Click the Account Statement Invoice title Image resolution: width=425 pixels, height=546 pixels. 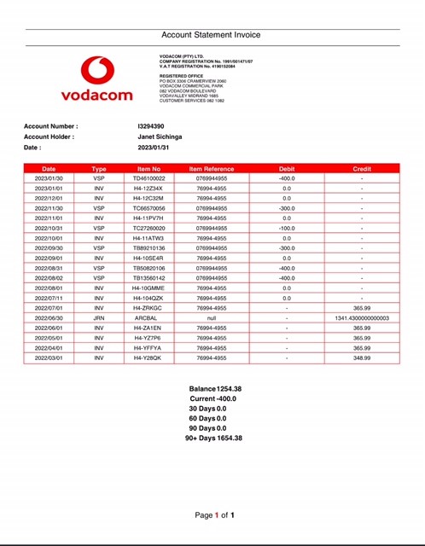(x=212, y=35)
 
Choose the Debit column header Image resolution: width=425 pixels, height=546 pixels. (x=287, y=169)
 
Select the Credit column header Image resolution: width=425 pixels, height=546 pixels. (x=362, y=169)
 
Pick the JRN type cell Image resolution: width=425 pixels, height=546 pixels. (x=99, y=317)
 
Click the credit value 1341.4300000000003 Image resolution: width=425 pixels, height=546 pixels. (x=362, y=317)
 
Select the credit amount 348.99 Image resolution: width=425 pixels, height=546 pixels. (x=362, y=357)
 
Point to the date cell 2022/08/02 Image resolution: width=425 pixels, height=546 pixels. (x=49, y=277)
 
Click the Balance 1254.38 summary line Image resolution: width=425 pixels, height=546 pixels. (x=215, y=388)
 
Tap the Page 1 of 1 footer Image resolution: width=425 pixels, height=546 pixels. (x=214, y=515)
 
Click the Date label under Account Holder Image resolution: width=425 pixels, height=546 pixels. (x=32, y=147)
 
